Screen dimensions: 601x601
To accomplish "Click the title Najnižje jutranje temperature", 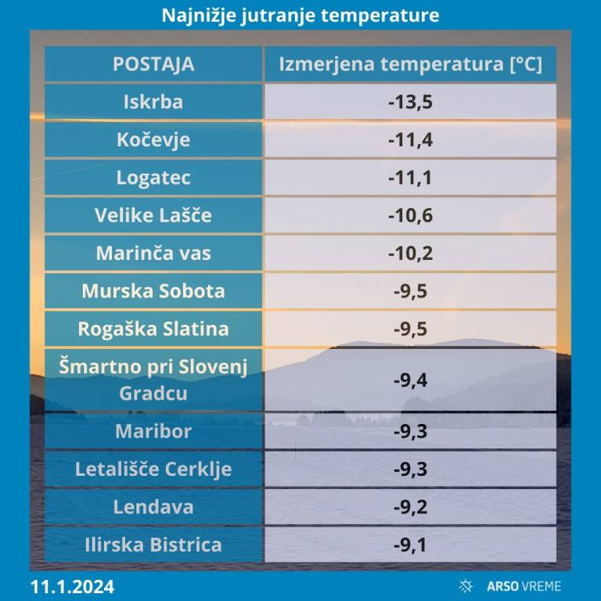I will pos(300,16).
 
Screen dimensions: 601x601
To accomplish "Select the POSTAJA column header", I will pos(153,64).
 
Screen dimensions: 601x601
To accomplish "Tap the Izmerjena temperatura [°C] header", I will pos(410,64).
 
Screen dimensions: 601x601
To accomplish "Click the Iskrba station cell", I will pos(153,103).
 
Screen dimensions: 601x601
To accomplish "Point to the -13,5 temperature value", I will pos(410,103).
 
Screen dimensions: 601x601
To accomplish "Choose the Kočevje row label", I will pos(153,140).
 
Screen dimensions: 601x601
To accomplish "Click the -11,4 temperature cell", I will pos(410,140).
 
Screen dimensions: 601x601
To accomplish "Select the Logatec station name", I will pos(153,178).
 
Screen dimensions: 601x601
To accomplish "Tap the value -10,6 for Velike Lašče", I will pos(410,215).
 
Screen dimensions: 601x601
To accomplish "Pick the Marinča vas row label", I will pos(153,253).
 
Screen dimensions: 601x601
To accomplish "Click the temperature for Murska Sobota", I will pos(410,291).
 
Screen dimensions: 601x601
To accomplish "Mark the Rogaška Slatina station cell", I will pos(153,329).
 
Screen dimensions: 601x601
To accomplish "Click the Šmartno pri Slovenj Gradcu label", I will pos(153,380).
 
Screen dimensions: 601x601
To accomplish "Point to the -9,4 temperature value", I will pos(410,380).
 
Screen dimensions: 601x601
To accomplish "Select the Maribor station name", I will pos(153,430).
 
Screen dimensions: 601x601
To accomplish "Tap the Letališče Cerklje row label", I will pos(153,469).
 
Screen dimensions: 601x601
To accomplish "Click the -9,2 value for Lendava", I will pos(410,506).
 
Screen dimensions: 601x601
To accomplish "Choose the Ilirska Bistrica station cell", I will pos(153,545).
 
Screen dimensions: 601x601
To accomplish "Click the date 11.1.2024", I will pos(73,586).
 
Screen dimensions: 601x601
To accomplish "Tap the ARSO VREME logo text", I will pos(524,586).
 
